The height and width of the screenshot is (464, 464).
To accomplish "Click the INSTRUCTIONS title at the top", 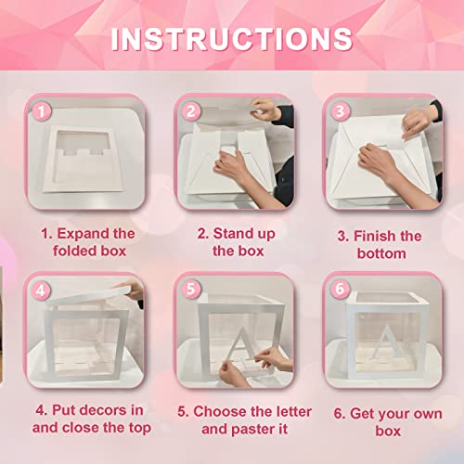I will [x=231, y=39].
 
